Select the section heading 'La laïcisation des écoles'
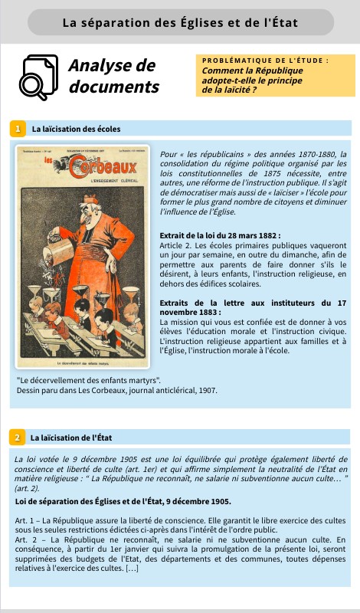[76, 128]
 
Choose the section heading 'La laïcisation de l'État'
[71, 438]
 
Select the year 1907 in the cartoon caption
[208, 390]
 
